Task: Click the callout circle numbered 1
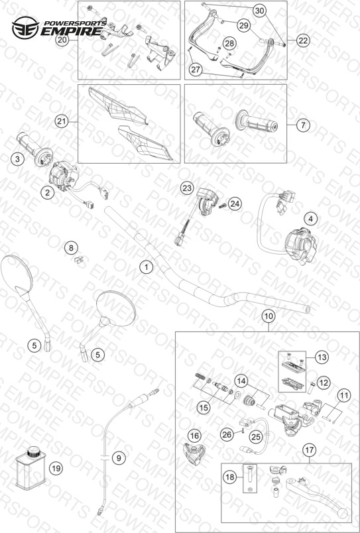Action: click(147, 267)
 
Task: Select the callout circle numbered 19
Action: click(56, 469)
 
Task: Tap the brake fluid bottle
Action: click(31, 469)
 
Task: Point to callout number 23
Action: click(186, 188)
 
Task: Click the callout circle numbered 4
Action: click(310, 219)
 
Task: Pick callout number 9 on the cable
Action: click(118, 458)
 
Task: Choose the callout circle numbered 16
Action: click(194, 436)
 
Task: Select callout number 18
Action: click(230, 477)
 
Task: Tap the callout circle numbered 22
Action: click(303, 40)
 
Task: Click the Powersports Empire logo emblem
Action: click(25, 28)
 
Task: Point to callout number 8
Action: click(71, 248)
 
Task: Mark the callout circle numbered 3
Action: click(17, 158)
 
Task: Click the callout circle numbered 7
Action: click(303, 125)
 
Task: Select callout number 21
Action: click(62, 122)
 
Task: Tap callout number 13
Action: click(322, 357)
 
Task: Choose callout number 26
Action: click(227, 434)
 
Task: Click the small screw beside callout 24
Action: click(223, 206)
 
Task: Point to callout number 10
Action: click(269, 316)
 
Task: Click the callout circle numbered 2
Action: click(47, 193)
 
